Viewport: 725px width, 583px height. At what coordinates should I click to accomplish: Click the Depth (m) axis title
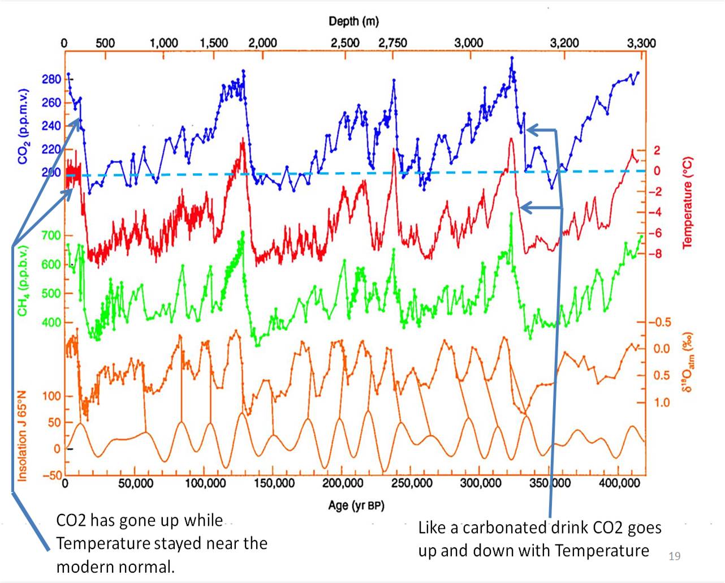(x=353, y=22)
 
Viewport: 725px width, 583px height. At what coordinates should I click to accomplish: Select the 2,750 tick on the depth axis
(x=392, y=43)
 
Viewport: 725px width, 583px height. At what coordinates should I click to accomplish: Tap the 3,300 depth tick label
(x=641, y=43)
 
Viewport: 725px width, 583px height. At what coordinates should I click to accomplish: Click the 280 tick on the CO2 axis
(x=51, y=79)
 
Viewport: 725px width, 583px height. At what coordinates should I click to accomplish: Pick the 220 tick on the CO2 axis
(x=51, y=149)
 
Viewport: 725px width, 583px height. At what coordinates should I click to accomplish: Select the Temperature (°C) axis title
(x=688, y=203)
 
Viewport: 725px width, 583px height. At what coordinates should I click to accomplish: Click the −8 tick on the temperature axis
(x=654, y=254)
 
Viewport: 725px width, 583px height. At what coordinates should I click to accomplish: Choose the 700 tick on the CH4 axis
(x=51, y=235)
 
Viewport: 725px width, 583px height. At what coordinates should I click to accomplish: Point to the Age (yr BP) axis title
(x=356, y=505)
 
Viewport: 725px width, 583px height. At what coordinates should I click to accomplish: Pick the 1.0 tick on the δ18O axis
(x=662, y=402)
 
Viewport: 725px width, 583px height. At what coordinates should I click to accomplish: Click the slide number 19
(x=674, y=556)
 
